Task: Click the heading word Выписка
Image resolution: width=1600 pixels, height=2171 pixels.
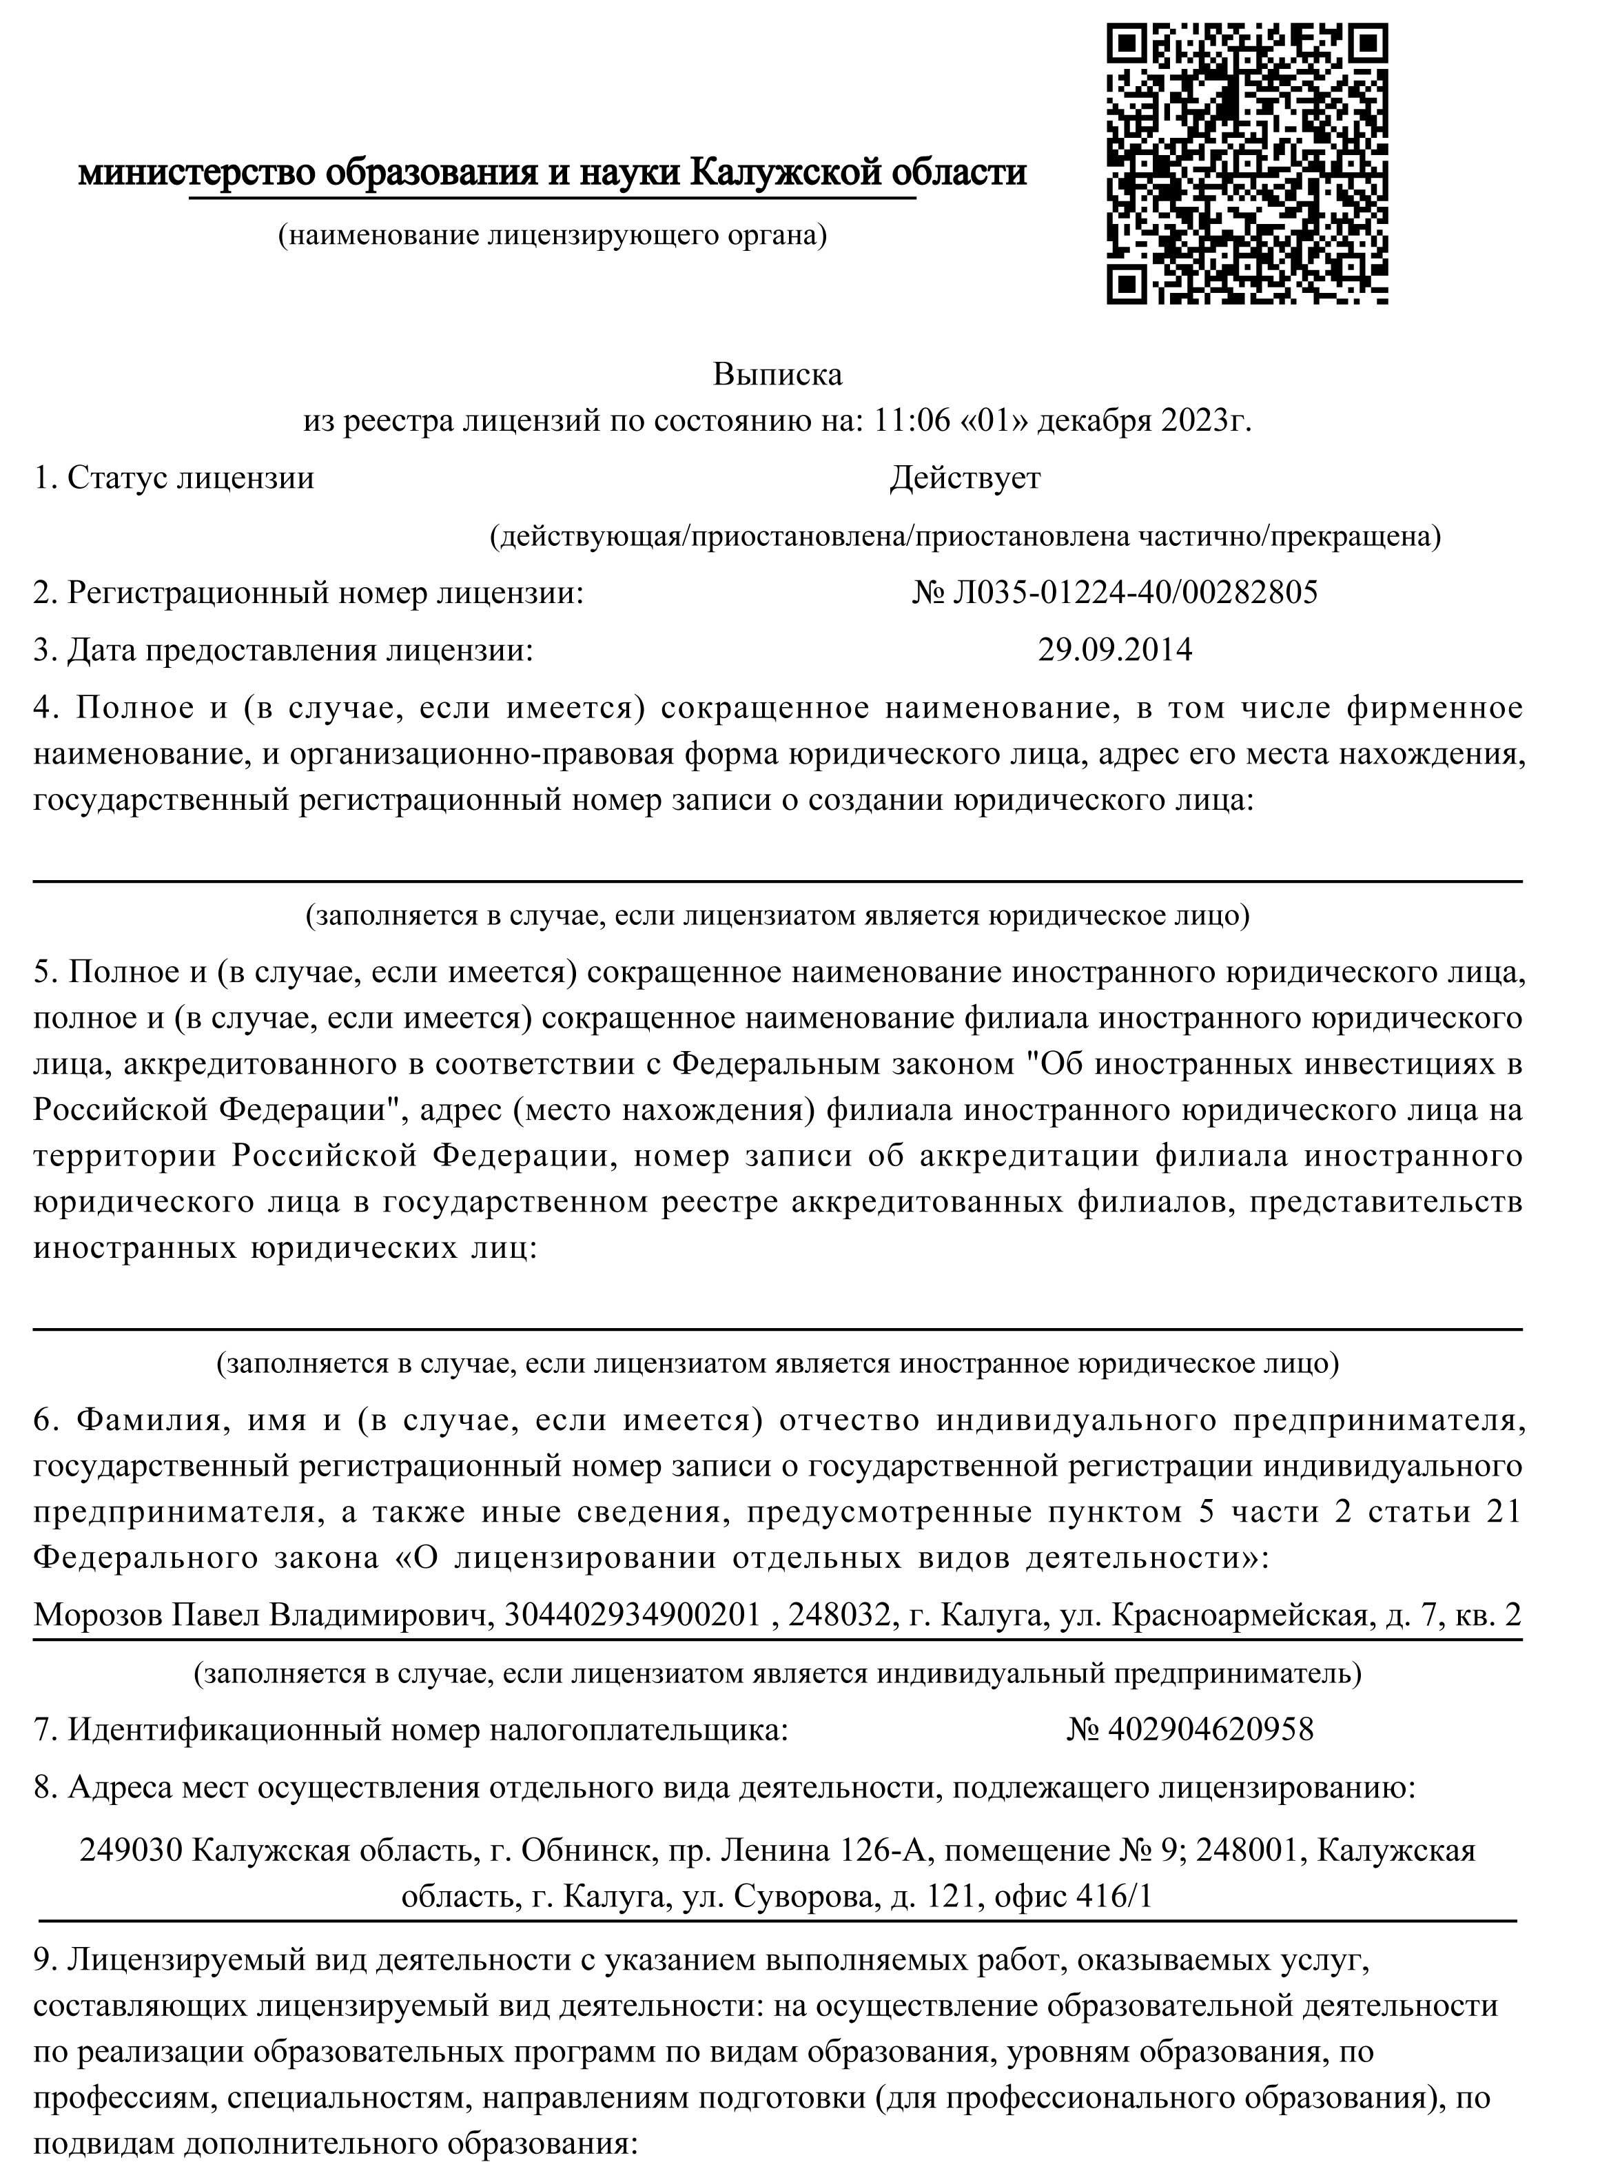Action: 778,374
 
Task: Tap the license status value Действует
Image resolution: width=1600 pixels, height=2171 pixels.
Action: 965,478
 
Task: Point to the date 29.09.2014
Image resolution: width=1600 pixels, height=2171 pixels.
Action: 1115,649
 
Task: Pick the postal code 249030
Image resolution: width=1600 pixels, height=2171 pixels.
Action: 131,1851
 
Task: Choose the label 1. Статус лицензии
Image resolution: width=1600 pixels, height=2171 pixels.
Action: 174,478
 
